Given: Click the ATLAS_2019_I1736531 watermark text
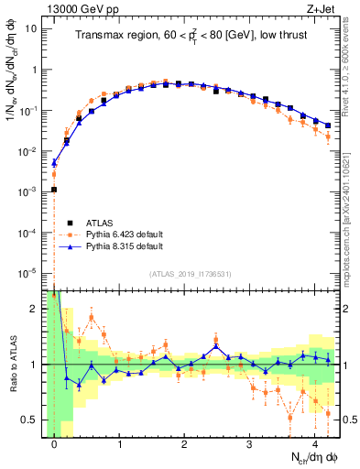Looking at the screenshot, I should pyautogui.click(x=191, y=275).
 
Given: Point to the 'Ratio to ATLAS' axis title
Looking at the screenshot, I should pyautogui.click(x=12, y=365).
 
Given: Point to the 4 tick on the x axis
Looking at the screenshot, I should pyautogui.click(x=315, y=445).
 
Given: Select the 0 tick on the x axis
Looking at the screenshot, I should pyautogui.click(x=54, y=445).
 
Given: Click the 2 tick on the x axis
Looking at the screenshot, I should pyautogui.click(x=184, y=445).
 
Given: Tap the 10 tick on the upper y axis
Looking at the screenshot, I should pyautogui.click(x=32, y=28).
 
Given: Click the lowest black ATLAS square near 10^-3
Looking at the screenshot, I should pyautogui.click(x=54, y=190).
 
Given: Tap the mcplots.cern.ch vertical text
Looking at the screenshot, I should pyautogui.click(x=352, y=220).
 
